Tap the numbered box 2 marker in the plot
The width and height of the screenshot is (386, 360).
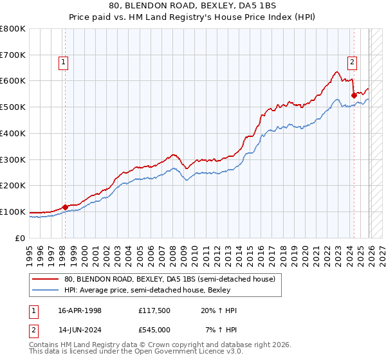point(353,62)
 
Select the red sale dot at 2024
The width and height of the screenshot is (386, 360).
point(354,95)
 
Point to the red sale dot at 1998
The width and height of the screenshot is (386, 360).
point(65,207)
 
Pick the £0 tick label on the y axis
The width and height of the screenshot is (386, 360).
point(21,238)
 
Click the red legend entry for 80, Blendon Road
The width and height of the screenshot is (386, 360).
point(170,279)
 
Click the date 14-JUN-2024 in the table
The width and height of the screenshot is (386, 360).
point(80,329)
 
